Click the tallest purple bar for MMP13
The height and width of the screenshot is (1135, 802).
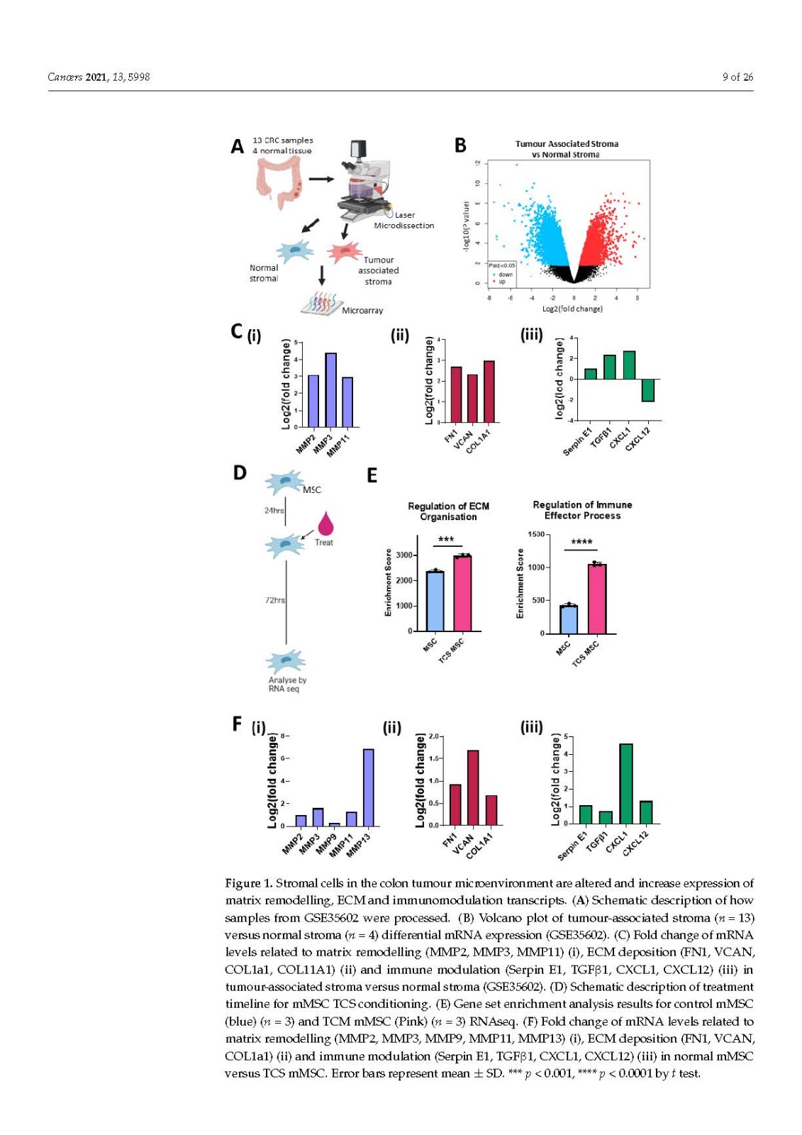368,787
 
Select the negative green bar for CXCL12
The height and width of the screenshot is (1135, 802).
647,390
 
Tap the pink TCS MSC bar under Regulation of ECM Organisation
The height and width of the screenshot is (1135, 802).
462,593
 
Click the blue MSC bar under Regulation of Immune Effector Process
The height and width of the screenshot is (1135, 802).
569,619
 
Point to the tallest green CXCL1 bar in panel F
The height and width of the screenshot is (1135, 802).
626,783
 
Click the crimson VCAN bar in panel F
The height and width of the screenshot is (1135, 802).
473,787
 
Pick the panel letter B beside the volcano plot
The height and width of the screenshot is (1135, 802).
460,145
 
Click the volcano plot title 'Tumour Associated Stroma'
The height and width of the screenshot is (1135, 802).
567,144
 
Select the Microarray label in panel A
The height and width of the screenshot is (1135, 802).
362,311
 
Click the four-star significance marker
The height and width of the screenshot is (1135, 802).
581,543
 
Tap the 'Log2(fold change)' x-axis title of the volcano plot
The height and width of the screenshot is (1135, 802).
572,309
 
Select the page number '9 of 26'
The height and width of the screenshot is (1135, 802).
737,77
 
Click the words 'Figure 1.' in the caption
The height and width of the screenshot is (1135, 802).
248,883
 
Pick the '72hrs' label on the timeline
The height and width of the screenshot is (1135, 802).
275,600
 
